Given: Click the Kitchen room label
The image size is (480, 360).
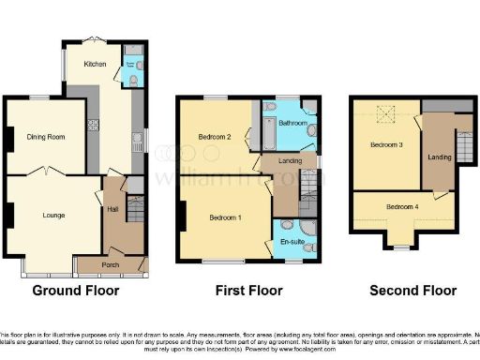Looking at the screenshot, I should click(95, 65).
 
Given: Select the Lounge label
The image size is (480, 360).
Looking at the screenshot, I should click(53, 215).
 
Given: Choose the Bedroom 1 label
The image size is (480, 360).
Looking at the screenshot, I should click(226, 217).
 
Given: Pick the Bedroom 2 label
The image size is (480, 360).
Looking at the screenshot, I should click(215, 138).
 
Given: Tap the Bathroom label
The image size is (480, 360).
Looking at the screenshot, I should click(292, 123).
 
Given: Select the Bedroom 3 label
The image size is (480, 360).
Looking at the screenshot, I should click(385, 145).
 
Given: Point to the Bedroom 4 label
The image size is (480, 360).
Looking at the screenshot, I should click(402, 206).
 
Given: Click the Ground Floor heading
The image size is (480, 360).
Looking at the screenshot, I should click(76, 291).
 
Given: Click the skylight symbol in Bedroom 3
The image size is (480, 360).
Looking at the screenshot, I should click(385, 116).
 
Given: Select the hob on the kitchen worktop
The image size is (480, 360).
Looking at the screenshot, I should click(93, 125).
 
